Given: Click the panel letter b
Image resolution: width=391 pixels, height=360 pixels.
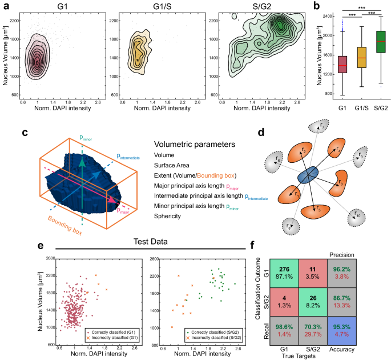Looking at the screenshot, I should tap(315, 7).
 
